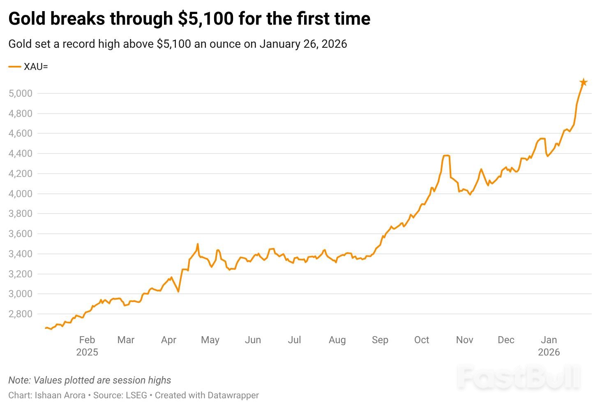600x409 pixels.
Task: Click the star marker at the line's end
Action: [x=583, y=82]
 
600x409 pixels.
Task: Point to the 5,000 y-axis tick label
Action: [x=20, y=93]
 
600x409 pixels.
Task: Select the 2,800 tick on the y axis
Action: [x=20, y=314]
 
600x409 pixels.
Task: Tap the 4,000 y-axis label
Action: [x=20, y=193]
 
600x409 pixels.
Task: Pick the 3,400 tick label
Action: [x=20, y=254]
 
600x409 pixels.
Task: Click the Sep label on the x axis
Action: [x=380, y=340]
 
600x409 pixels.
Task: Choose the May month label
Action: [x=210, y=340]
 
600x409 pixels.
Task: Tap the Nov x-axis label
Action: [x=464, y=340]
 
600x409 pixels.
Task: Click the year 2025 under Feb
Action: [x=87, y=352]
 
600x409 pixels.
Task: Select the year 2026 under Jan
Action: [x=549, y=352]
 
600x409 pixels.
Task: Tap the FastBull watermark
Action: [x=519, y=377]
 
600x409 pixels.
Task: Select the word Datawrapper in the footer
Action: [x=233, y=395]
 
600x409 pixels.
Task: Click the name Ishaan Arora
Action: [x=60, y=395]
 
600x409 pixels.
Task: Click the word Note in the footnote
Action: [x=18, y=380]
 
